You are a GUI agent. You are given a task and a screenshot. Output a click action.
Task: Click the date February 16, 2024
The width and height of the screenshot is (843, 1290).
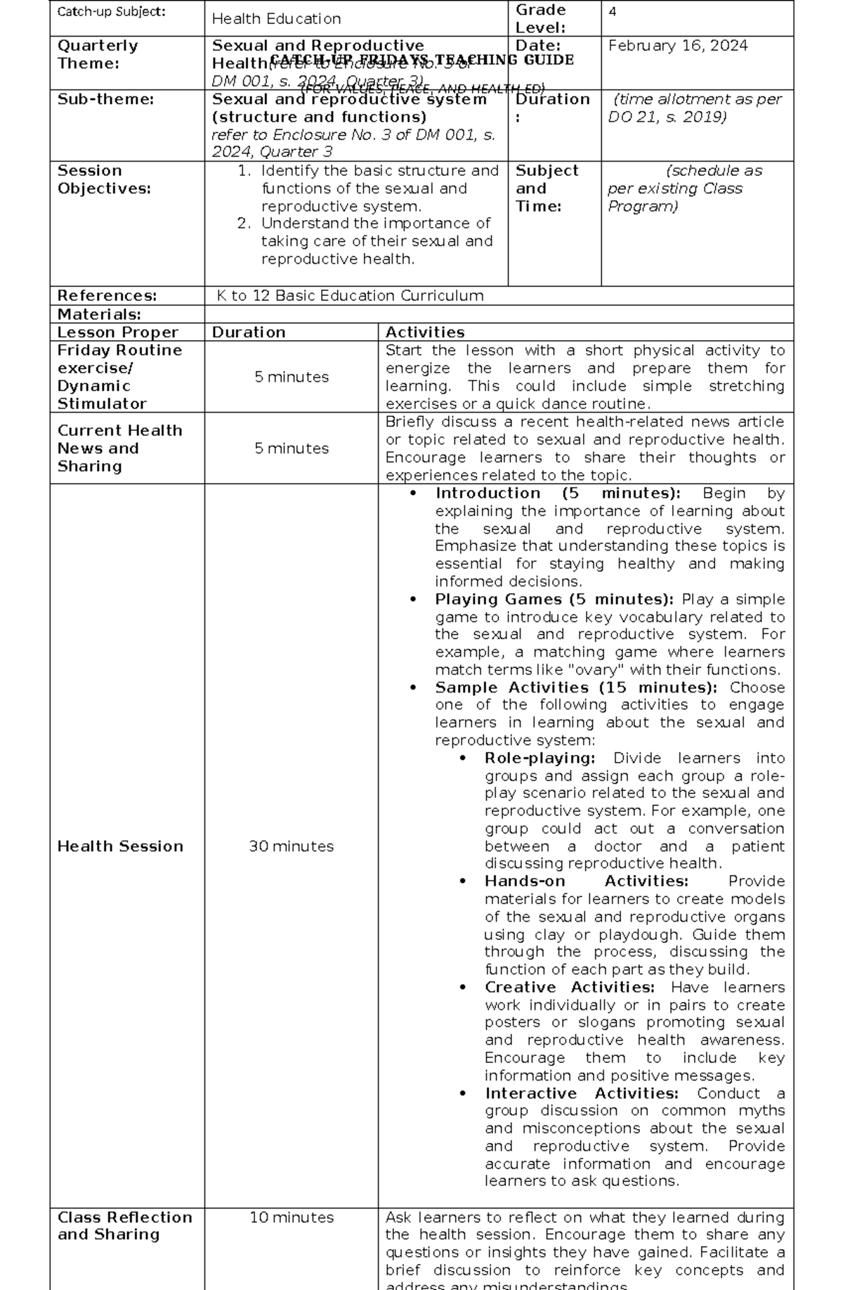[x=677, y=46]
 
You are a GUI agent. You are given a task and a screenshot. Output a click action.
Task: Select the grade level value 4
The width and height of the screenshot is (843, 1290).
[x=613, y=12]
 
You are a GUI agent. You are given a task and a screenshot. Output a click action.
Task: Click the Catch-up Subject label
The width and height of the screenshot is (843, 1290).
[x=111, y=12]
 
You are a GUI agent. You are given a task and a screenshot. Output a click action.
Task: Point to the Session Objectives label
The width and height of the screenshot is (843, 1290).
[x=104, y=180]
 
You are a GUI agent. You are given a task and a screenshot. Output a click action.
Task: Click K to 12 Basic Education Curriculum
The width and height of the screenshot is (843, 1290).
[x=350, y=296]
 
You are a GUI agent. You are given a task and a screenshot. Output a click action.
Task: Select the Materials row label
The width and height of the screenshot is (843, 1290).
[x=99, y=314]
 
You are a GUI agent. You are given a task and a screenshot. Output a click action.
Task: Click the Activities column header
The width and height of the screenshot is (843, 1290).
[x=424, y=333]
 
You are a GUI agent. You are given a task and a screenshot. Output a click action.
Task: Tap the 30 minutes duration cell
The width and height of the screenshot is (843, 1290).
[x=291, y=846]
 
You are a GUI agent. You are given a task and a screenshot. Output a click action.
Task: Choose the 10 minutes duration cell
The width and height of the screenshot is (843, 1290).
[x=291, y=1218]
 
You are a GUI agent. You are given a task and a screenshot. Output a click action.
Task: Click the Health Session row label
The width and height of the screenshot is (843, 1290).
[x=120, y=846]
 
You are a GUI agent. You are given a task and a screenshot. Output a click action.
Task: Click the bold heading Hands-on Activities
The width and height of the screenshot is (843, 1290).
[x=586, y=882]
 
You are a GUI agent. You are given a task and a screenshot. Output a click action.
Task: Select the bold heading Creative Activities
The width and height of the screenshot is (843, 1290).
[x=569, y=988]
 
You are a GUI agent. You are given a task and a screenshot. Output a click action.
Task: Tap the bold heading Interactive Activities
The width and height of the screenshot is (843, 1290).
[x=581, y=1094]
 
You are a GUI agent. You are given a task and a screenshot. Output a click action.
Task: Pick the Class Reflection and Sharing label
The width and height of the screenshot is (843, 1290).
[x=124, y=1226]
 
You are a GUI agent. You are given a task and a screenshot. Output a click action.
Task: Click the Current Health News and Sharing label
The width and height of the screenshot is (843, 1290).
[x=119, y=449]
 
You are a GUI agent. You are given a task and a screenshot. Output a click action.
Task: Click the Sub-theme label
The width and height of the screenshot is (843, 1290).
[x=105, y=100]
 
